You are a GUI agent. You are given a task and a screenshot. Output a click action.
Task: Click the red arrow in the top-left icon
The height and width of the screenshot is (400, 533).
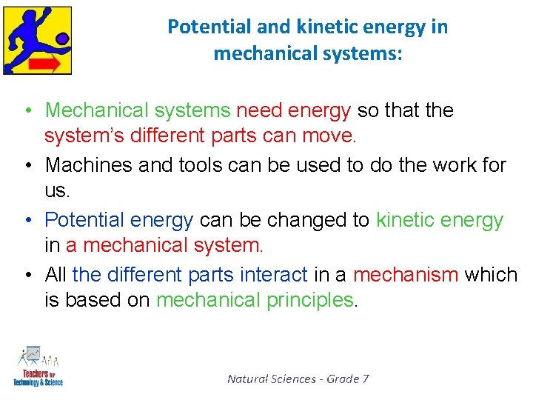coord(47,64)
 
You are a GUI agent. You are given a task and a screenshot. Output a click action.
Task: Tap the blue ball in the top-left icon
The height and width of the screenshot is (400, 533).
coord(62,38)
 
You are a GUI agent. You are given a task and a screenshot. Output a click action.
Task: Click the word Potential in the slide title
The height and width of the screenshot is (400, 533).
coord(200,27)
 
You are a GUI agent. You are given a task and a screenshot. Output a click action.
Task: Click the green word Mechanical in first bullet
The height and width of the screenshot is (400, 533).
coord(92,110)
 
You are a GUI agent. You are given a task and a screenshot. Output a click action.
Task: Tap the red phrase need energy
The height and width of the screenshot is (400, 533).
coord(293,110)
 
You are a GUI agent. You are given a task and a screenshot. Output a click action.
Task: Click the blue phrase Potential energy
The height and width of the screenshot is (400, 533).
coord(118,220)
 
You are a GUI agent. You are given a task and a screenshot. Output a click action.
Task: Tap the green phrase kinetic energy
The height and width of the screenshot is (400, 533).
coord(440,220)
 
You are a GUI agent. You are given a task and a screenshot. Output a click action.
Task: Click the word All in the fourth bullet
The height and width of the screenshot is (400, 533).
coord(56,274)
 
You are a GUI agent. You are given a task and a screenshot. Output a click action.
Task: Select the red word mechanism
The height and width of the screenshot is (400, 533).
coord(406,274)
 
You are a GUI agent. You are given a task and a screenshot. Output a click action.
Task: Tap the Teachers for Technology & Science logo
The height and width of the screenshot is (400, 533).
coord(38,366)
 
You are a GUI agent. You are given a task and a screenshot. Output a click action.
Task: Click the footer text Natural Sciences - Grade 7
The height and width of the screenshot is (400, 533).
coord(298,379)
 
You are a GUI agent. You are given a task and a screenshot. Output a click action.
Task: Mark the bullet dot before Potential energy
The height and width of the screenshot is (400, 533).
coord(27,221)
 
